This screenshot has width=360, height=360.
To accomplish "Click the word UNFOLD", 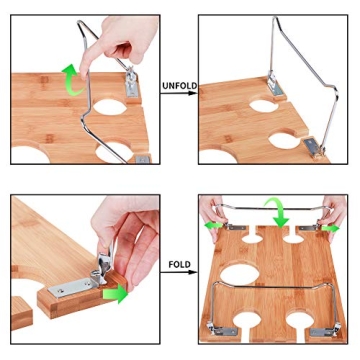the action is tap(179, 86).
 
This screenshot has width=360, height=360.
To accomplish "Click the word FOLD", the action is tap(180, 265).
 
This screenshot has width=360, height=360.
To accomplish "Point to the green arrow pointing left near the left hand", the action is tap(213, 225).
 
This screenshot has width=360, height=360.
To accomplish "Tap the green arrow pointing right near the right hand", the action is tap(331, 228).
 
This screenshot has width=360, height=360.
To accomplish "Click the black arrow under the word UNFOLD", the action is tap(178, 93).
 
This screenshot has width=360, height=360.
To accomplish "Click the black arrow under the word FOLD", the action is tap(178, 272).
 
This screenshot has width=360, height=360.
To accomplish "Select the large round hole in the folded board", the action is tap(239, 275).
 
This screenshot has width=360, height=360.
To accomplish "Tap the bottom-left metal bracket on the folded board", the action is tap(223, 330).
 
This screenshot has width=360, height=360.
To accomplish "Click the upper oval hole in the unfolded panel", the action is tap(263, 106).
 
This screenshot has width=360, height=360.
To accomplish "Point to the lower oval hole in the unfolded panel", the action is tap(284, 141).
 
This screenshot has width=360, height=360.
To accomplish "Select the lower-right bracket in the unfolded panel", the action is tap(314, 147).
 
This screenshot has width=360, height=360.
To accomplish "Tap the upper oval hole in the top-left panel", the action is tap(110, 107).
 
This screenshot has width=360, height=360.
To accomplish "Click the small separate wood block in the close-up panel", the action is tap(21, 313).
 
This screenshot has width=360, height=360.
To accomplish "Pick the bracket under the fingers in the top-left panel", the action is tap(131, 83).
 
